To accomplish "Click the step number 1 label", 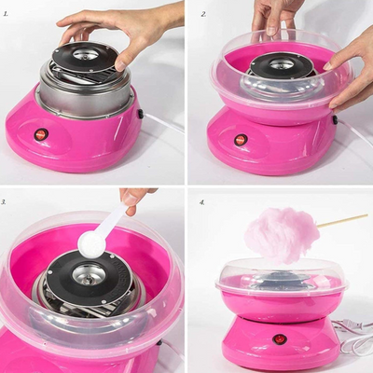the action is pyautogui.click(x=6, y=14).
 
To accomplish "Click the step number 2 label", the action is pyautogui.click(x=203, y=14).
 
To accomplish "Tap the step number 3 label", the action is pyautogui.click(x=5, y=202).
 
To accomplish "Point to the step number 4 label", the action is pyautogui.click(x=202, y=202).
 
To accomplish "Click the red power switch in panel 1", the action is pyautogui.click(x=41, y=134).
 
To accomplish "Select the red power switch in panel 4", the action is pyautogui.click(x=278, y=338).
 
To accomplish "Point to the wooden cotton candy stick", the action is pyautogui.click(x=343, y=220).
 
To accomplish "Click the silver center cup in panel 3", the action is pyautogui.click(x=89, y=275).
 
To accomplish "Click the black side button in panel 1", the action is pyautogui.click(x=141, y=114).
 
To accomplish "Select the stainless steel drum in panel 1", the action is pyautogui.click(x=85, y=93).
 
